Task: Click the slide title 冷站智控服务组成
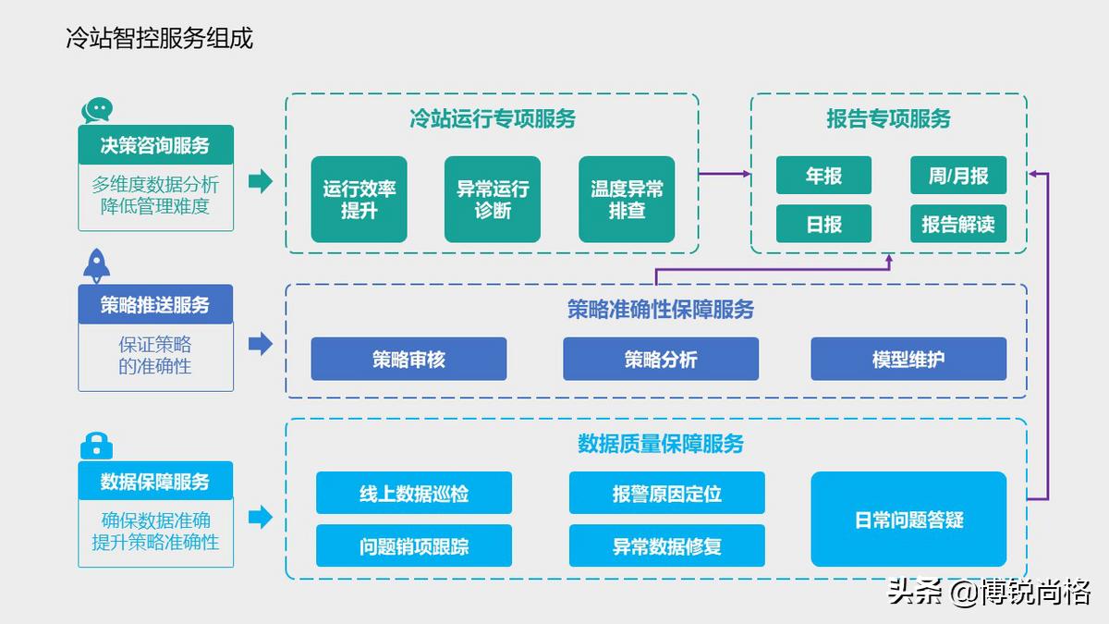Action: tap(159, 38)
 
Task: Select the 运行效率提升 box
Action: tap(359, 200)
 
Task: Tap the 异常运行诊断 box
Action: tap(493, 200)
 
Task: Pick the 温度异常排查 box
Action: tap(627, 200)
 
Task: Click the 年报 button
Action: tap(823, 176)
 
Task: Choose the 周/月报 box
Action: tap(958, 176)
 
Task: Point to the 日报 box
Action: tap(823, 224)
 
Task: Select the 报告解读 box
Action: tap(958, 224)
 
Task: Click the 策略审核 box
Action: tap(408, 360)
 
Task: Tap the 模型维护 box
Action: tap(908, 360)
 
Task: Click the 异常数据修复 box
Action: tap(666, 546)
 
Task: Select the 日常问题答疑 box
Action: tap(908, 520)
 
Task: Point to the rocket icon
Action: tap(97, 266)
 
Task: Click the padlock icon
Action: tap(96, 447)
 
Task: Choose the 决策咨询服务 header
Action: tap(155, 145)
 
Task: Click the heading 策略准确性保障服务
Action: tap(660, 310)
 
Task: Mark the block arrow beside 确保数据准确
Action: tap(261, 518)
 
